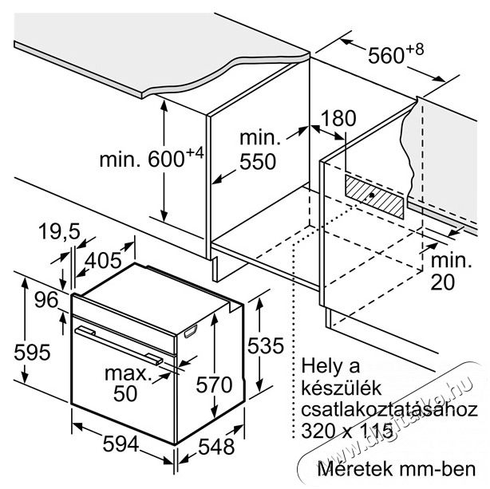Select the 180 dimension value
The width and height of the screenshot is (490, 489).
[338, 119]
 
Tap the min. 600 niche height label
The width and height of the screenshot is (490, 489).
[152, 157]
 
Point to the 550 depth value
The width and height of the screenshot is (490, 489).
[258, 162]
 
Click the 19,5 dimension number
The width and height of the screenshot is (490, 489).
[59, 231]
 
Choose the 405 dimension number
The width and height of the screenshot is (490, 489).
[104, 260]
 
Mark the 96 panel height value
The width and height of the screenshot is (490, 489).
[46, 299]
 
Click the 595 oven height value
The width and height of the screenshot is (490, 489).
[32, 352]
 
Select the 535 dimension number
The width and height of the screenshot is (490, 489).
[266, 345]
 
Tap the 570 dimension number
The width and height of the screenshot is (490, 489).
[214, 384]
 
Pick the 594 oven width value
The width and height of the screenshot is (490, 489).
[121, 444]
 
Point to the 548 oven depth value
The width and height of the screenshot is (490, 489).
[216, 447]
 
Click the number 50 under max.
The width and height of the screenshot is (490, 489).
[125, 393]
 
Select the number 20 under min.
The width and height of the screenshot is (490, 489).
[443, 282]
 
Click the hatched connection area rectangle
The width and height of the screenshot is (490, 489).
[374, 196]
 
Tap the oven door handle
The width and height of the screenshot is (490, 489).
[119, 345]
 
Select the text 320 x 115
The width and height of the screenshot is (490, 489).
[347, 431]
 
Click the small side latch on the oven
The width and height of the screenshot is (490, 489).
[190, 331]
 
